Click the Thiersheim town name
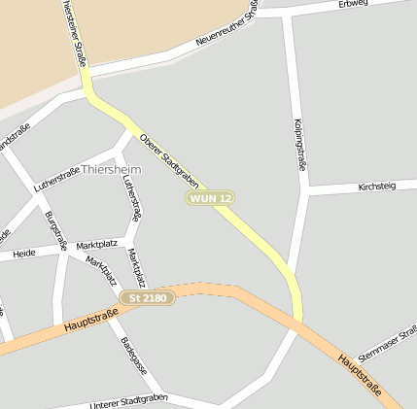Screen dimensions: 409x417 113,169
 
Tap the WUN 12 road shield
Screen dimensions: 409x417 211,198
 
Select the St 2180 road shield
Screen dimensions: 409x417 148,297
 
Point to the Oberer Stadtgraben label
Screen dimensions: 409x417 169,160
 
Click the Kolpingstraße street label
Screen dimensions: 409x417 299,145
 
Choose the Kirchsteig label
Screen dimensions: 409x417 376,185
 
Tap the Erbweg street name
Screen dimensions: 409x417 353,5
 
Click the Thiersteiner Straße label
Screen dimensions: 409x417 72,32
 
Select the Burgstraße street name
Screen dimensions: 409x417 56,230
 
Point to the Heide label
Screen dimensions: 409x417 23,253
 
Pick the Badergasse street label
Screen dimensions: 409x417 133,356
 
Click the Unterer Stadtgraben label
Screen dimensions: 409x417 128,401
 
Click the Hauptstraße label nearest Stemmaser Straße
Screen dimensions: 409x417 368,381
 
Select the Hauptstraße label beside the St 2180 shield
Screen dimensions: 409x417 90,322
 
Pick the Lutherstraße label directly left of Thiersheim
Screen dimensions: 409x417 55,177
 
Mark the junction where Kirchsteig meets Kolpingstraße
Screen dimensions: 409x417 307,190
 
